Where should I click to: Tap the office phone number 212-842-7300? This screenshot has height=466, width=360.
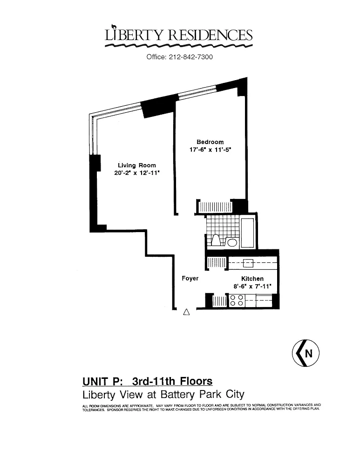(x=190, y=57)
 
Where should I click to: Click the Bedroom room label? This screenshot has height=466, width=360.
(x=210, y=142)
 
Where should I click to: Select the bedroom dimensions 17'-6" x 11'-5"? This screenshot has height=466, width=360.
(x=211, y=150)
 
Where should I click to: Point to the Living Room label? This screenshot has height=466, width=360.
(x=137, y=165)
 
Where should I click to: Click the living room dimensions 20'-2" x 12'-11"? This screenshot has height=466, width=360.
(x=137, y=173)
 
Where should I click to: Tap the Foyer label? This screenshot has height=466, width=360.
(x=190, y=279)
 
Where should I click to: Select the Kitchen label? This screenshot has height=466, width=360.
(x=252, y=279)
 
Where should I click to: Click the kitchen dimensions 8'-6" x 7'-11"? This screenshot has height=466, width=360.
(x=252, y=287)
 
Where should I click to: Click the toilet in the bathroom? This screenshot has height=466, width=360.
(x=215, y=240)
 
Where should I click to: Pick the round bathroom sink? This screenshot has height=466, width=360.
(x=232, y=242)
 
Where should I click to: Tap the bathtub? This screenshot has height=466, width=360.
(x=247, y=233)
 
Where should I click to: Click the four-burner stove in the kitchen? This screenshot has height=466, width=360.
(x=237, y=300)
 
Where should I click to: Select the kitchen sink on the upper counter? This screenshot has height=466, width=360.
(x=248, y=263)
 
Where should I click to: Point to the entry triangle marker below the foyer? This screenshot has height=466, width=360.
(x=186, y=312)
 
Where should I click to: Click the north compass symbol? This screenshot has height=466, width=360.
(x=306, y=353)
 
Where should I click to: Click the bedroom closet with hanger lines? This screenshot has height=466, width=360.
(x=215, y=207)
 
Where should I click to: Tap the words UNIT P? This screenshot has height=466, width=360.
(x=102, y=381)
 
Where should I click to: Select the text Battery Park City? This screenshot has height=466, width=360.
(x=202, y=395)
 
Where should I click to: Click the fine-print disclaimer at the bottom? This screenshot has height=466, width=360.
(x=201, y=407)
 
